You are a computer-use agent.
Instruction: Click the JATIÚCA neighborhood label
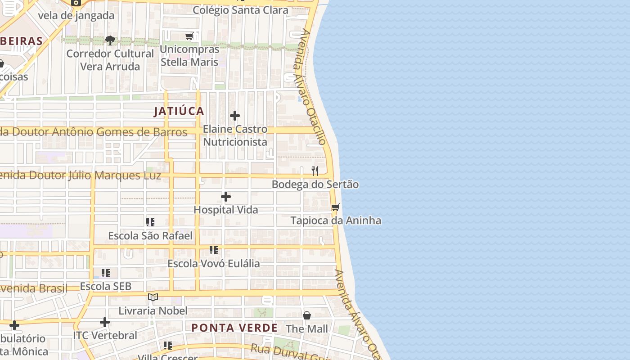[179, 111]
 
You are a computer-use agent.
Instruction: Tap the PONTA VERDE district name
[234, 328]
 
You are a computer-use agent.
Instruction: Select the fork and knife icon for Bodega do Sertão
[315, 171]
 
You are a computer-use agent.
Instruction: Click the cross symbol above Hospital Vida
[226, 197]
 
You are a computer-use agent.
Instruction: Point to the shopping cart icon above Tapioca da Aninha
[335, 207]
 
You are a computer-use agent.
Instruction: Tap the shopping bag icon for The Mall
[307, 315]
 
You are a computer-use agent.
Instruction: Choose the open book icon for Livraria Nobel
[153, 297]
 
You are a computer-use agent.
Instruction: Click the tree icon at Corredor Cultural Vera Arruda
[110, 40]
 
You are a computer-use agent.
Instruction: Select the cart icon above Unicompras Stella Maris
[189, 36]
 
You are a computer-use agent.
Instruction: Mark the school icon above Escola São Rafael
[150, 222]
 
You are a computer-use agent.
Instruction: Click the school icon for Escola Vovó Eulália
[214, 250]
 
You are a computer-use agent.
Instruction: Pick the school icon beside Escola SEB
[106, 273]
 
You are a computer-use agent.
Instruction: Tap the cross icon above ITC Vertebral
[105, 322]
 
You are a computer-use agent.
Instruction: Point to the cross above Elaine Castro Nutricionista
[234, 116]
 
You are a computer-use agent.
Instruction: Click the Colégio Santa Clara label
[240, 10]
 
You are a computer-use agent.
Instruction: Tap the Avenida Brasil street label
[33, 288]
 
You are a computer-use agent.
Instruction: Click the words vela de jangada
[76, 15]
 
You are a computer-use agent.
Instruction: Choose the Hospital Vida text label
[226, 210]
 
